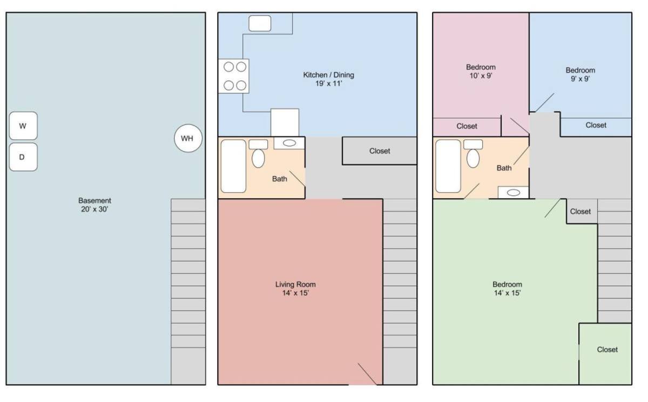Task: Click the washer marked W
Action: [23, 126]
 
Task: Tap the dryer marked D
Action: [23, 157]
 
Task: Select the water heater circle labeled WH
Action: [188, 138]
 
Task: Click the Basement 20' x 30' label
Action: [94, 205]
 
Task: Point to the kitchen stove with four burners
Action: [233, 76]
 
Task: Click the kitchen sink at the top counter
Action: [260, 23]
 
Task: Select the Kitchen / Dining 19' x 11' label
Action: [329, 79]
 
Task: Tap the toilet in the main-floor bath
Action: [258, 154]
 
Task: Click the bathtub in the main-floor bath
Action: [233, 166]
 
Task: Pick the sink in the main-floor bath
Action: [289, 143]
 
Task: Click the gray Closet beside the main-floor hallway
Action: [380, 151]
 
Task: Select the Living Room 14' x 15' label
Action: [295, 289]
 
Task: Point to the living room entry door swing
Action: [367, 374]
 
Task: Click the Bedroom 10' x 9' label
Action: [481, 71]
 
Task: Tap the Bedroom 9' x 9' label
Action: [580, 74]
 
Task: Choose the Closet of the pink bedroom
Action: [467, 127]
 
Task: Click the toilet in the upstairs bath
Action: [473, 154]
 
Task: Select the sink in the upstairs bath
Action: [513, 193]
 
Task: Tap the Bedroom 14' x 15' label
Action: [507, 289]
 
